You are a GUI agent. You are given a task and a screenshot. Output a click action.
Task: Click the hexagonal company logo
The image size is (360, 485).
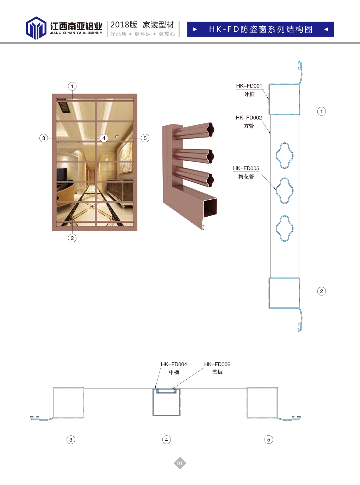pos(36,28)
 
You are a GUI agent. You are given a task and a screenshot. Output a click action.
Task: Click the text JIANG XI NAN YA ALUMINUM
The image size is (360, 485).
pos(76,33)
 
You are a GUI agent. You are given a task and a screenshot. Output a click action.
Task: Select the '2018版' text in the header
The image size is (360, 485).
pos(124,25)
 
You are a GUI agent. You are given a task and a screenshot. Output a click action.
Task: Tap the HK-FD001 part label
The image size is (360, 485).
pos(249,86)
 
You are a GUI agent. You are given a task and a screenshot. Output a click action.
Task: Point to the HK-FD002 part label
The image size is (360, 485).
pos(249,118)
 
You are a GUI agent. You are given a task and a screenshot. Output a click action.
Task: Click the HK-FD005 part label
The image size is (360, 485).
pos(246,168)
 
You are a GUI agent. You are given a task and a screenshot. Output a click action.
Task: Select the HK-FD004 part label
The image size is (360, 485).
pos(174,364)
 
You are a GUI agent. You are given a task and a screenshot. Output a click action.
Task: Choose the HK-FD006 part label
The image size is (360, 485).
pos(217,364)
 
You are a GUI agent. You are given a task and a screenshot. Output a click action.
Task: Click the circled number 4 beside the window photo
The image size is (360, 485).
pos(104,138)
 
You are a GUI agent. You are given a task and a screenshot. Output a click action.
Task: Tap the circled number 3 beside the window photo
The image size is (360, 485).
pos(44,138)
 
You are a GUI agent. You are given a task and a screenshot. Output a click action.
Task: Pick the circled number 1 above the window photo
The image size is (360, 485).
pos(72,86)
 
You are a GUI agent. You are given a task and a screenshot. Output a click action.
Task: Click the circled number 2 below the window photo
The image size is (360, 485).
pos(72,238)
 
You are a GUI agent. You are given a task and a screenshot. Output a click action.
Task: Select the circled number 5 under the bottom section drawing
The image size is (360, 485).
pos(268,440)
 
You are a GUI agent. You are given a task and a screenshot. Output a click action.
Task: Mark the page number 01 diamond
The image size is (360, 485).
pos(180,463)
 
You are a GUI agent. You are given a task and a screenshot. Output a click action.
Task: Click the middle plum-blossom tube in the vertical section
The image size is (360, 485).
pos(284,191)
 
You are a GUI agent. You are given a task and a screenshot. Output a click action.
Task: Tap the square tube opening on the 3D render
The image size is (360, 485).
pos(210,207)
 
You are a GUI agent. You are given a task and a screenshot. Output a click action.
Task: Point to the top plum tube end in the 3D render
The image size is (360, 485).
pos(211,130)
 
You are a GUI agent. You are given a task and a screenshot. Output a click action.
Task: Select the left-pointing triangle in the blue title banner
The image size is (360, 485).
pos(326,29)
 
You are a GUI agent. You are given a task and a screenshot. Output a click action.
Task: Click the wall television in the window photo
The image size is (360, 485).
pos(62,174)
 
